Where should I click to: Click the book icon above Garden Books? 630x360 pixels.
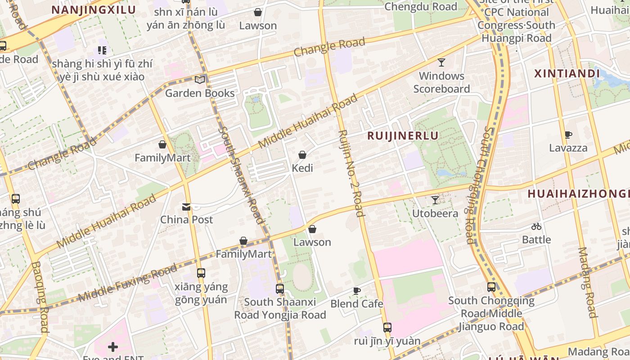tap(199, 80)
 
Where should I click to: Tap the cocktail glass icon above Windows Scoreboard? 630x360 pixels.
tap(441, 63)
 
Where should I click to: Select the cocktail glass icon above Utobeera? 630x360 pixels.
tap(435, 200)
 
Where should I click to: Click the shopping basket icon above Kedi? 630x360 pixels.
tap(302, 155)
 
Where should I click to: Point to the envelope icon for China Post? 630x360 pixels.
tap(186, 207)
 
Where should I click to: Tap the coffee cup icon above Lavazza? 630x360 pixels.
tap(568, 135)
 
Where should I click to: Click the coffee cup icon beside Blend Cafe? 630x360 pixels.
tap(357, 291)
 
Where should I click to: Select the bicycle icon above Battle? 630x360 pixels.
tap(536, 226)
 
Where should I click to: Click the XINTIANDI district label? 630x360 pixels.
tap(567, 74)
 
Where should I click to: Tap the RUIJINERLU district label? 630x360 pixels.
tap(403, 136)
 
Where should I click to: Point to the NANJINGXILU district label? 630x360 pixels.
tap(94, 10)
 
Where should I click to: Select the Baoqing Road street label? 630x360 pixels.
tap(40, 297)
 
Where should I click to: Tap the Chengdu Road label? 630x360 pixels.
tap(421, 7)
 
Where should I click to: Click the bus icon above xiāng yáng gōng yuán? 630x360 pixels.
tap(201, 273)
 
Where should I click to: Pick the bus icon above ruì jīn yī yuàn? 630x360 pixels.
tap(387, 328)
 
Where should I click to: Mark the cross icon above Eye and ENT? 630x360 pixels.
tap(113, 347)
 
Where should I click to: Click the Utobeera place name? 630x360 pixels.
tap(435, 213)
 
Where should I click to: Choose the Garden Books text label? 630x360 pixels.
tap(200, 93)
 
